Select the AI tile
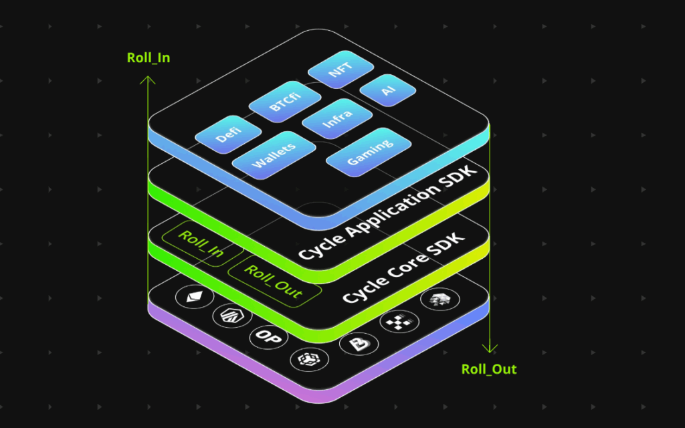click(x=389, y=92)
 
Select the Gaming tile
click(x=369, y=153)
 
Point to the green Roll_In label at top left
click(x=149, y=58)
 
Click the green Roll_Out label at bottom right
click(x=489, y=369)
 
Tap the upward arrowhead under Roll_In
click(x=148, y=81)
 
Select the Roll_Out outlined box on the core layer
click(x=274, y=281)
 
